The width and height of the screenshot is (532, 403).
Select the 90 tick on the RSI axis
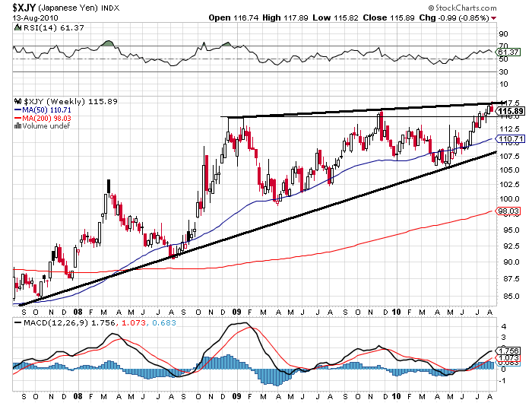tap(503, 34)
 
